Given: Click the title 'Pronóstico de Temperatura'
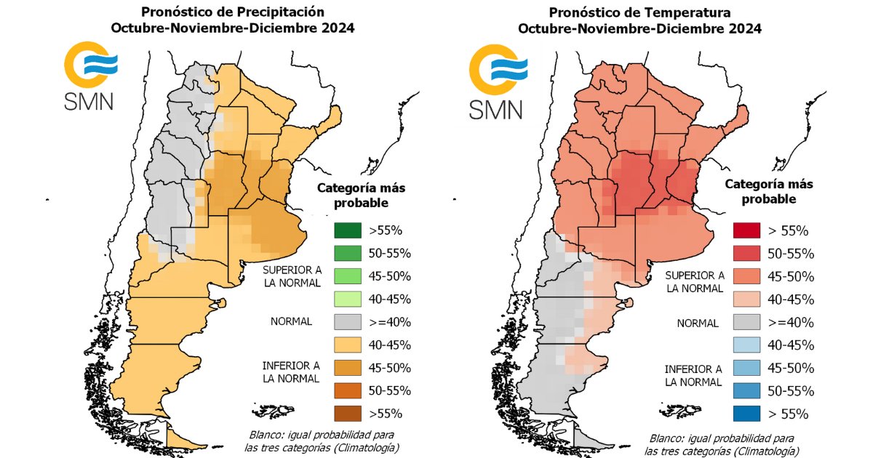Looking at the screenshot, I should coord(639,12).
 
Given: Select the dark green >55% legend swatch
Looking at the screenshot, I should coord(347,231).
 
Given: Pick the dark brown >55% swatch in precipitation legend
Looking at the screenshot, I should coord(347,413).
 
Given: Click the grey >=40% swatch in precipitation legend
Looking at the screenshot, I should coord(347,322).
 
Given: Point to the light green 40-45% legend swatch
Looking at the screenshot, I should coord(347,300).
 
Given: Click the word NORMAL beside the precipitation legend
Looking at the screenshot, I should coord(291,321).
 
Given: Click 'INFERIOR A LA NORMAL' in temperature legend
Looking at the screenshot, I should coord(693,375).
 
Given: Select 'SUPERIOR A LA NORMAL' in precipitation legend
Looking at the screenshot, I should coord(291,276).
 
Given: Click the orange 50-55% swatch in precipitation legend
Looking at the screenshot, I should coord(347,390).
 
